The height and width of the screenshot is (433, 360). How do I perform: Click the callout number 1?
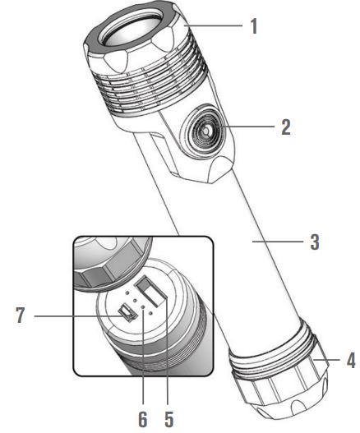[x=254, y=26]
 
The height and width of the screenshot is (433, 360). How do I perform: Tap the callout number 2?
[x=286, y=127]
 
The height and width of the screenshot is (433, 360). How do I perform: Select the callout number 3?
[x=315, y=242]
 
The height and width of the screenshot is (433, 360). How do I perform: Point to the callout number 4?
[x=351, y=360]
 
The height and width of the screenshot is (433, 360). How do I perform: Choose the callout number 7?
[x=20, y=315]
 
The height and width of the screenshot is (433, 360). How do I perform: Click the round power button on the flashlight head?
[x=205, y=131]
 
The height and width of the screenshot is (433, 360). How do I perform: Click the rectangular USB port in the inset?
[x=151, y=292]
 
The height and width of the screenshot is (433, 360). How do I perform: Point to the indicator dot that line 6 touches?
[x=143, y=307]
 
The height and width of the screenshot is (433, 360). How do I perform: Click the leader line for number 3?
[x=278, y=242]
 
